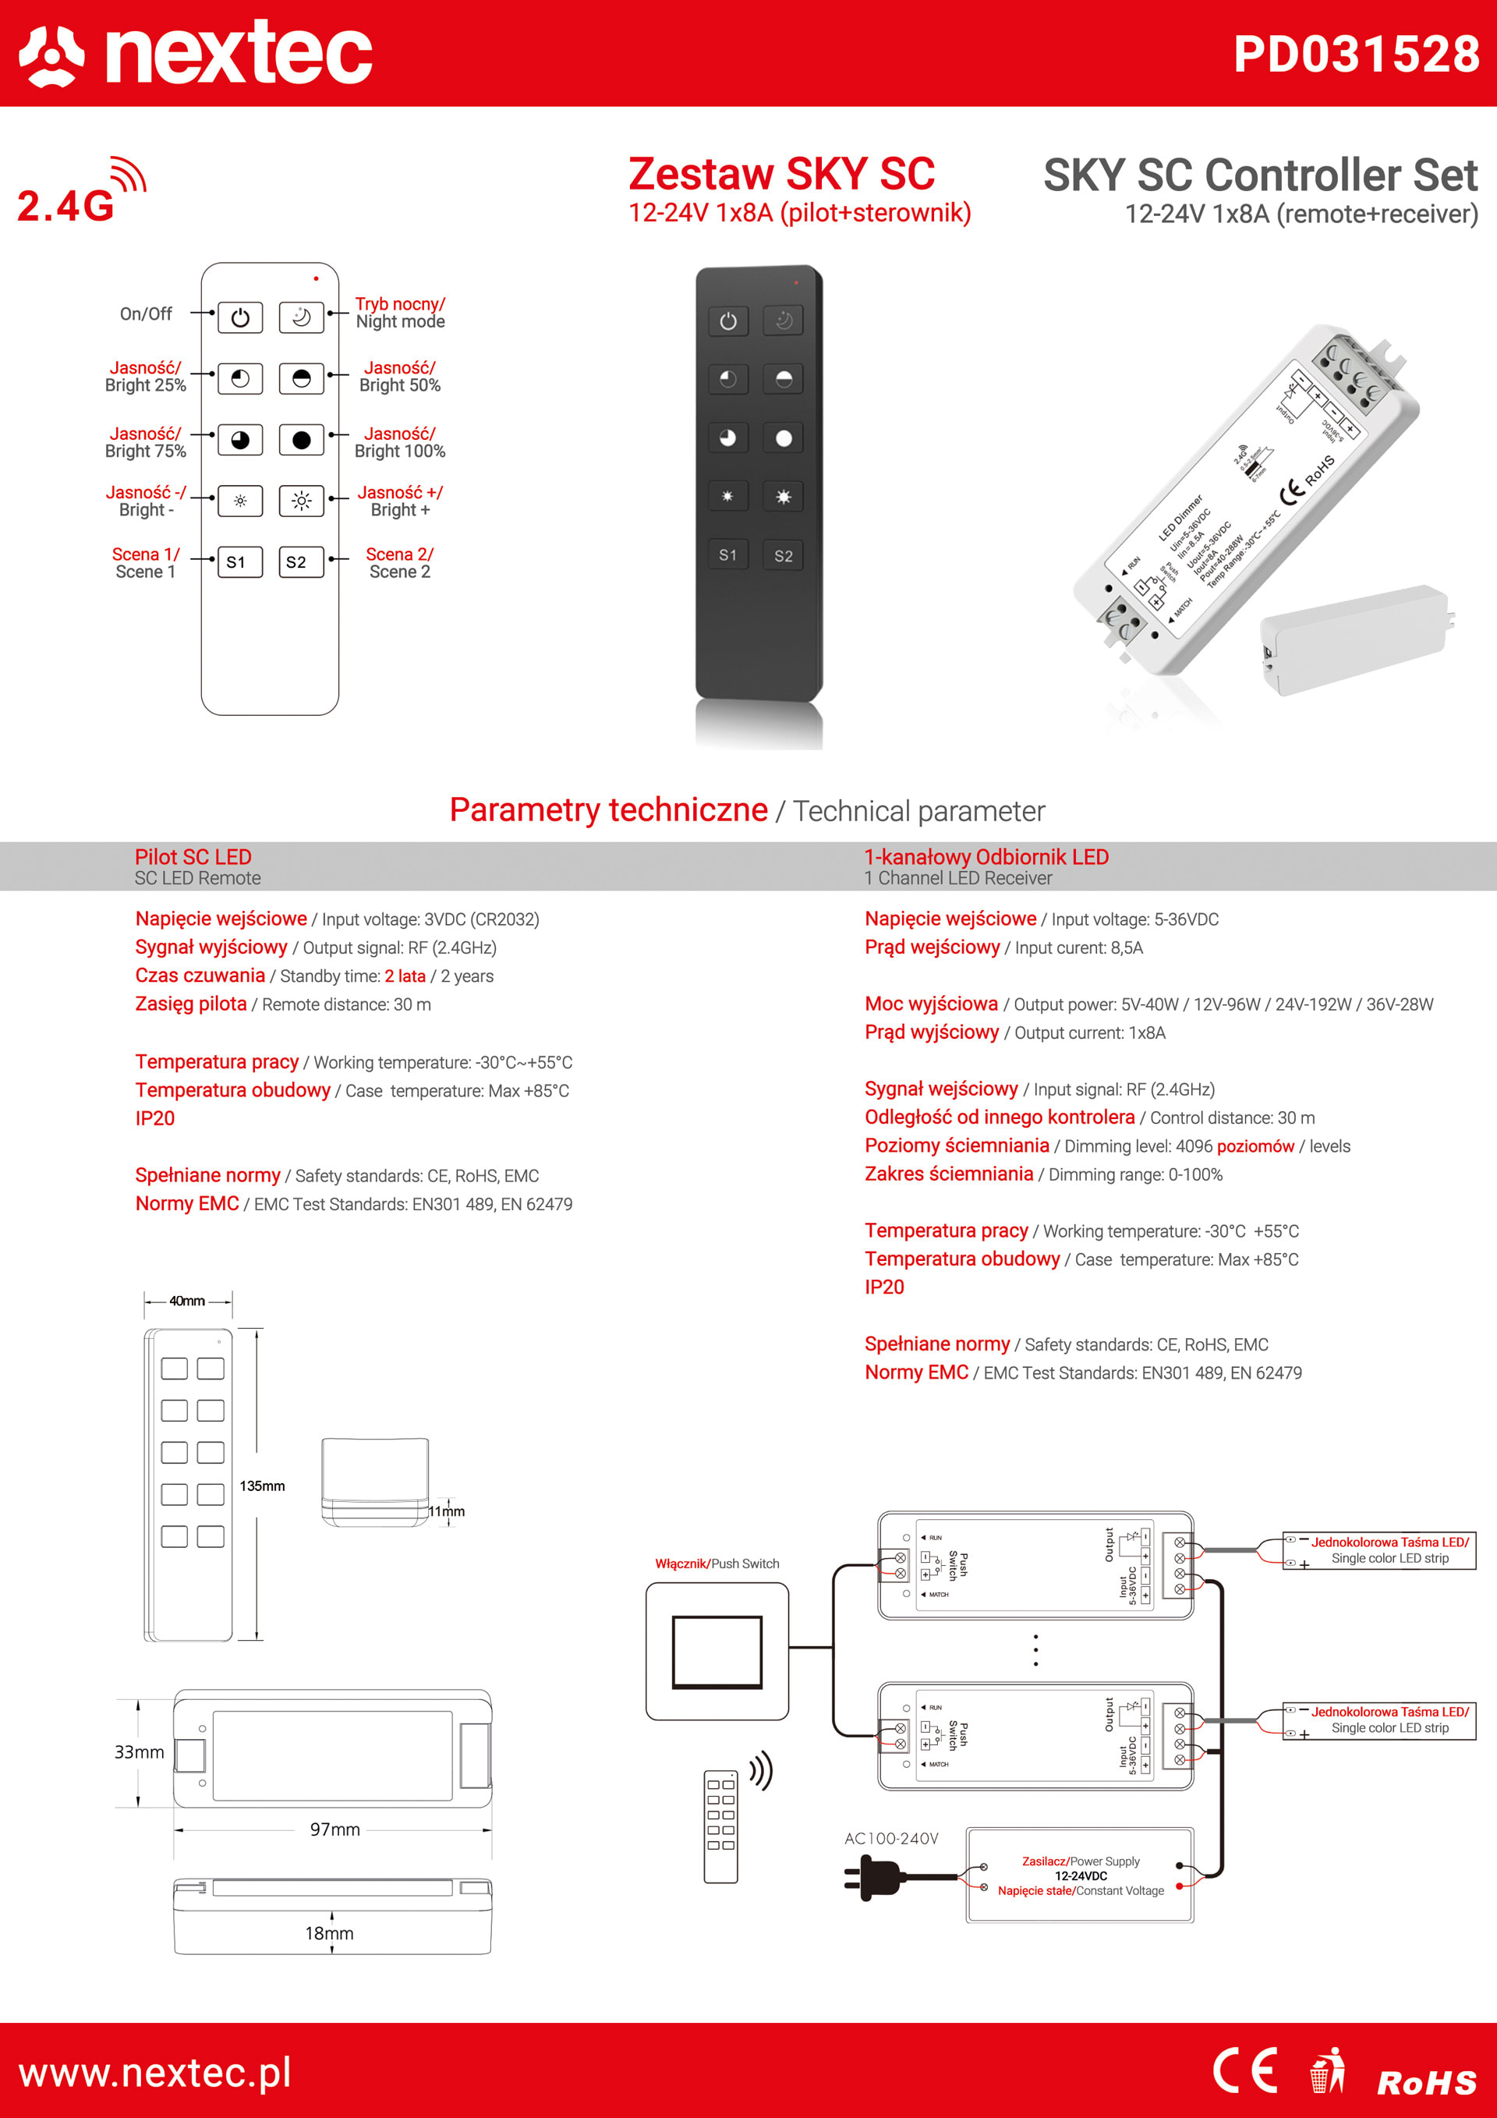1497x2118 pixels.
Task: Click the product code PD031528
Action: (x=1356, y=54)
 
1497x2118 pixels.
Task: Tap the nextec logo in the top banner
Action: (x=196, y=54)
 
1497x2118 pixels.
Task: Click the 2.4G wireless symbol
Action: (x=81, y=192)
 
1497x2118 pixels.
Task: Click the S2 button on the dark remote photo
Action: (x=783, y=555)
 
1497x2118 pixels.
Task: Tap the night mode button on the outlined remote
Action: (x=301, y=317)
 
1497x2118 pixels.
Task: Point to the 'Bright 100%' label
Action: (x=399, y=451)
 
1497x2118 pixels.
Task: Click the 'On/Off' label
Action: (x=146, y=313)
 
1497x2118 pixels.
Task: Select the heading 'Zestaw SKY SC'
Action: (x=781, y=173)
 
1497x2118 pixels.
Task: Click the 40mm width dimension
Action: (x=187, y=1301)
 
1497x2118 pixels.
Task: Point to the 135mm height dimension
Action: (x=262, y=1486)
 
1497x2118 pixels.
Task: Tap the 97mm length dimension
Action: (x=334, y=1829)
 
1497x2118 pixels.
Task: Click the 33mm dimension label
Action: (x=140, y=1751)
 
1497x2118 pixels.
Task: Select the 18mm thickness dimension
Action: (x=329, y=1932)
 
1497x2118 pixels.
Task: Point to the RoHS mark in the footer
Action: (x=1426, y=2082)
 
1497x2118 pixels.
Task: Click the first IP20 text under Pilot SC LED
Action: (x=155, y=1118)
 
